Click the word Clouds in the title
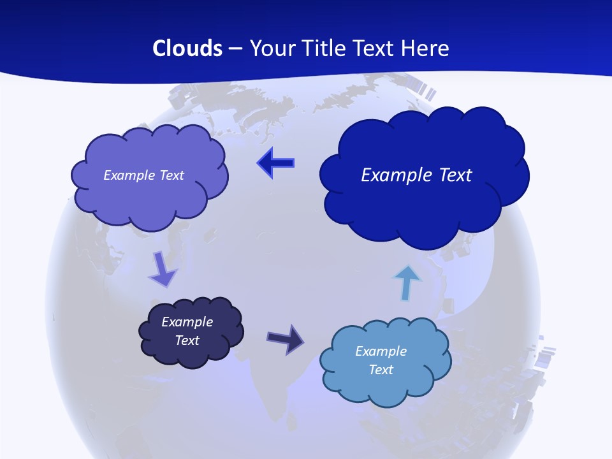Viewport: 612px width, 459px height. pyautogui.click(x=187, y=48)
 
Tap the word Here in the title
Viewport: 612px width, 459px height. pyautogui.click(x=426, y=48)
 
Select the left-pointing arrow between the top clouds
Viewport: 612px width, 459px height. pyautogui.click(x=275, y=163)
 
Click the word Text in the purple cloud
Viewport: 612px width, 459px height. pyautogui.click(x=171, y=175)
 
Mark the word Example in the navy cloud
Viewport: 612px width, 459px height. pyautogui.click(x=187, y=322)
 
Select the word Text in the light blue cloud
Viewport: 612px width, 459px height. pyautogui.click(x=381, y=370)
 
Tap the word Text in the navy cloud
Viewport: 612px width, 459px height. pyautogui.click(x=187, y=340)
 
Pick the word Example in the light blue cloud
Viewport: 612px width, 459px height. pyautogui.click(x=381, y=351)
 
